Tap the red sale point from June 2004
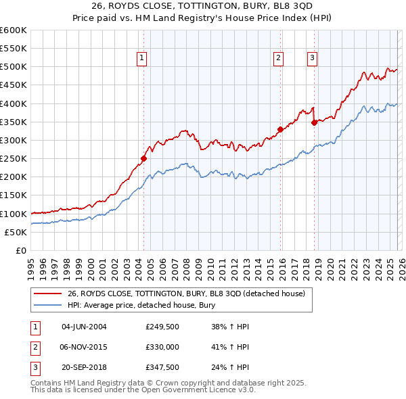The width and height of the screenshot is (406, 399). (x=143, y=159)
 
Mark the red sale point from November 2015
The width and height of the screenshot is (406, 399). (x=280, y=129)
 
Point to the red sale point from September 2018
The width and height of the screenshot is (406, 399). (x=314, y=123)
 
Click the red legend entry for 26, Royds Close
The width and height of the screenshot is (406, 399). (x=186, y=294)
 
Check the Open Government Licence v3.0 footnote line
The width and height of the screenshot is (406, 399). (x=143, y=391)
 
